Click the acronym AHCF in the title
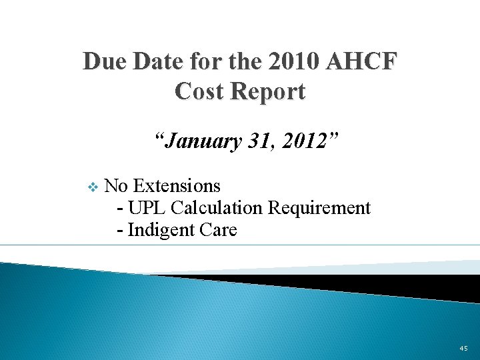pos(363,62)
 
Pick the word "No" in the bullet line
pos(117,185)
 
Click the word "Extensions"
pos(177,185)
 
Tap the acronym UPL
pos(147,207)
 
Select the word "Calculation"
pos(216,207)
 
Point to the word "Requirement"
pos(319,207)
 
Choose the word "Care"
pos(218,230)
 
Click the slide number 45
pos(463,348)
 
